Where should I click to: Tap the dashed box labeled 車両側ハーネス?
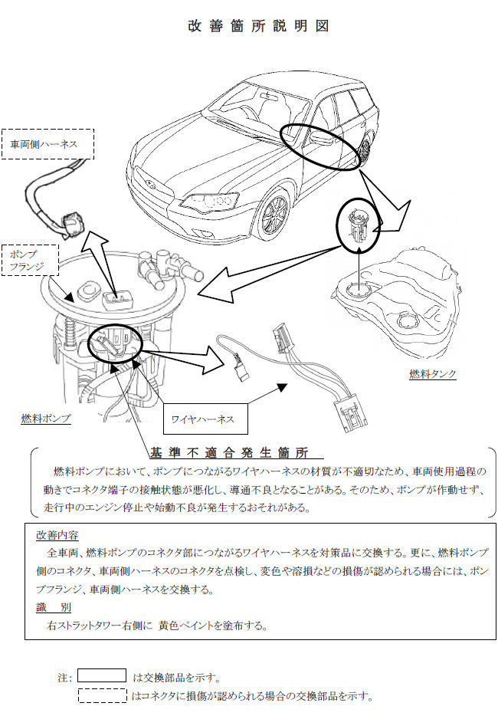(x=48, y=143)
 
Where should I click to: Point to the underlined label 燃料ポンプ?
(x=46, y=419)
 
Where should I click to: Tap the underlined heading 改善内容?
(x=57, y=534)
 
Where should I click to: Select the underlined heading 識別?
(x=54, y=607)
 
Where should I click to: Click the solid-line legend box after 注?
(x=102, y=676)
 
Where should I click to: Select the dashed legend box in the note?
(x=102, y=696)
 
